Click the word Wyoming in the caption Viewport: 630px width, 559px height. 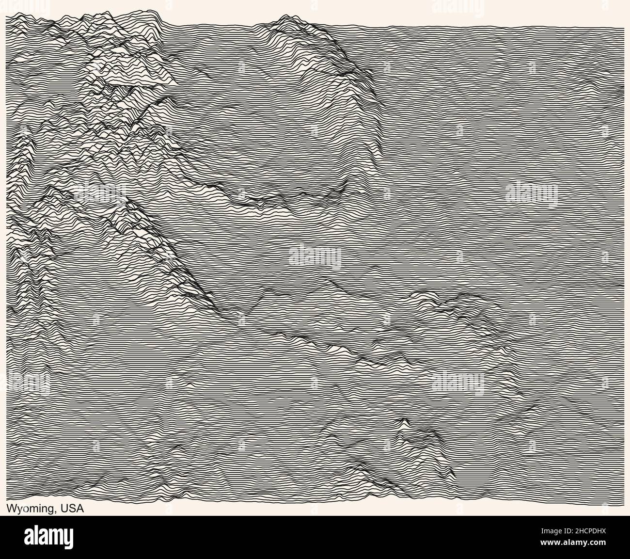30,509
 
